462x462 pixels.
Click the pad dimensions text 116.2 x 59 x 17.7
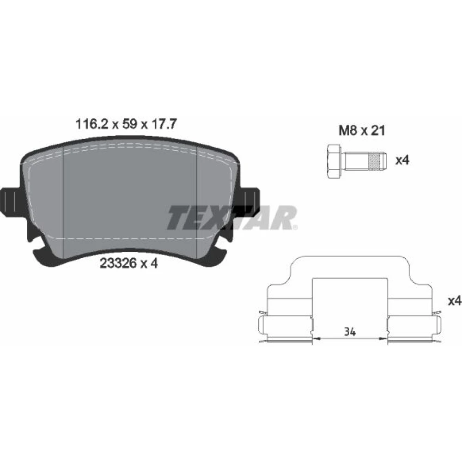(126, 124)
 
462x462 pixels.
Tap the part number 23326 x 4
(129, 263)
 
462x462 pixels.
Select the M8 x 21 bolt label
(362, 130)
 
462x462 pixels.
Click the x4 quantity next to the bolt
(402, 160)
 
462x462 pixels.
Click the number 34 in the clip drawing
(350, 332)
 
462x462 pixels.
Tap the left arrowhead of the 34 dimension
(316, 339)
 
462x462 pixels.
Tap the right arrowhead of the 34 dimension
(383, 339)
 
